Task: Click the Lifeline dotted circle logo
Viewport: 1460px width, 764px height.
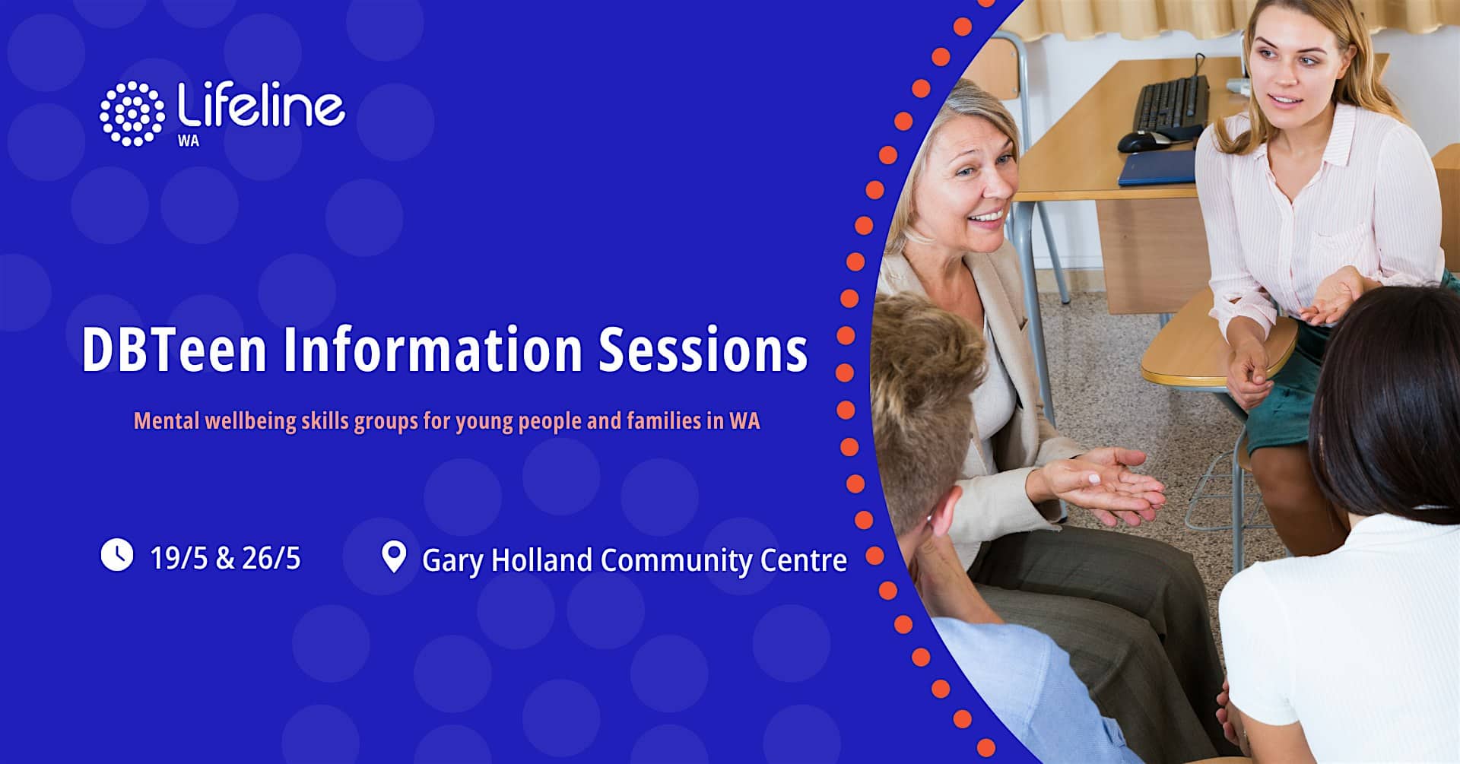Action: click(x=132, y=113)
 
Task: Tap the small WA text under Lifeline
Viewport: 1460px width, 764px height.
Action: click(x=188, y=141)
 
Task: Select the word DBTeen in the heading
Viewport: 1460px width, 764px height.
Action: click(x=174, y=350)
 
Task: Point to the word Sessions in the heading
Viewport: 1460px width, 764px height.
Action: click(x=703, y=350)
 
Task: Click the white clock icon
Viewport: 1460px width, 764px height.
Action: click(x=117, y=555)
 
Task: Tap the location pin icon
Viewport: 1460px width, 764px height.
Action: click(x=393, y=557)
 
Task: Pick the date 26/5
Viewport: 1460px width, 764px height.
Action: click(x=271, y=559)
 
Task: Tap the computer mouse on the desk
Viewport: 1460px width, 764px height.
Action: click(x=1143, y=141)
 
